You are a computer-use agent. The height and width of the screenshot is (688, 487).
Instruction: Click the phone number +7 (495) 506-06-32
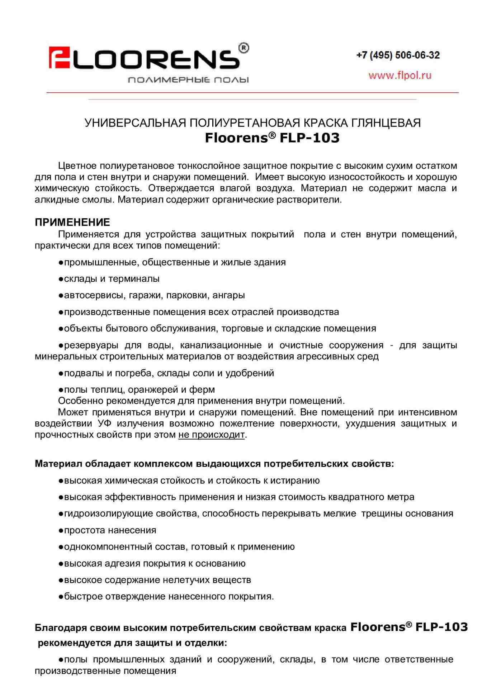point(398,55)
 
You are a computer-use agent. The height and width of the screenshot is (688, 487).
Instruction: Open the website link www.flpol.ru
point(399,75)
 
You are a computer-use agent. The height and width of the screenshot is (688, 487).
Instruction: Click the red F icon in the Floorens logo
point(59,57)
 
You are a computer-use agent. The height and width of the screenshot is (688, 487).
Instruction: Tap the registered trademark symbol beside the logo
point(243,48)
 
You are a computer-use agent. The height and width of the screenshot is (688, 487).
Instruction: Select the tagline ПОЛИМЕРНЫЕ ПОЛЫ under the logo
point(188,80)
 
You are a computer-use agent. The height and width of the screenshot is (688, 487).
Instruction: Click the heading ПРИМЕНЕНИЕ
point(72,222)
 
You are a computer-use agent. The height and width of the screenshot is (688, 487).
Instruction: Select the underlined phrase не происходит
point(211,435)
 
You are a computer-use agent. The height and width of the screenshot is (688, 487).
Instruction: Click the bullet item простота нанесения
point(110,530)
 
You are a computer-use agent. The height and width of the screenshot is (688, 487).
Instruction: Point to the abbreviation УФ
point(104,424)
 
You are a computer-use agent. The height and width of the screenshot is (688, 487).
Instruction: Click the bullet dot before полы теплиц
point(61,390)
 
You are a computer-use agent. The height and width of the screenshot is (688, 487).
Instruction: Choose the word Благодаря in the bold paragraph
point(61,628)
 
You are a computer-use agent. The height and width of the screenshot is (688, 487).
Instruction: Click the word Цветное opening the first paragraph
point(77,166)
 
